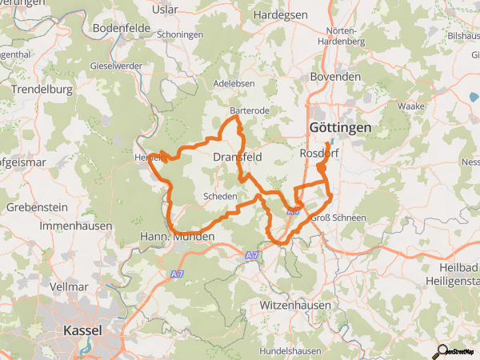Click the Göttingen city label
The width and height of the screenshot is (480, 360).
[x=339, y=128]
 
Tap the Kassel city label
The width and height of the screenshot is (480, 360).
[x=82, y=330]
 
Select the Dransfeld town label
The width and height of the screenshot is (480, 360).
[x=238, y=158]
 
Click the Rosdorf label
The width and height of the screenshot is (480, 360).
[x=320, y=153]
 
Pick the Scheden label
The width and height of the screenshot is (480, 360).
[x=220, y=196]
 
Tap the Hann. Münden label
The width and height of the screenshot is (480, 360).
[x=178, y=237]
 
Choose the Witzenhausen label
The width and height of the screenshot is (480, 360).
[x=295, y=306]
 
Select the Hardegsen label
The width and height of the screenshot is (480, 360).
[x=280, y=14]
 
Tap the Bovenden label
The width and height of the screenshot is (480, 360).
[x=335, y=76]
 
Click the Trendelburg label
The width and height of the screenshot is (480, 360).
[x=42, y=90]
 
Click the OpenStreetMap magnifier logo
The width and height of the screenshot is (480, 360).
[x=440, y=350]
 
